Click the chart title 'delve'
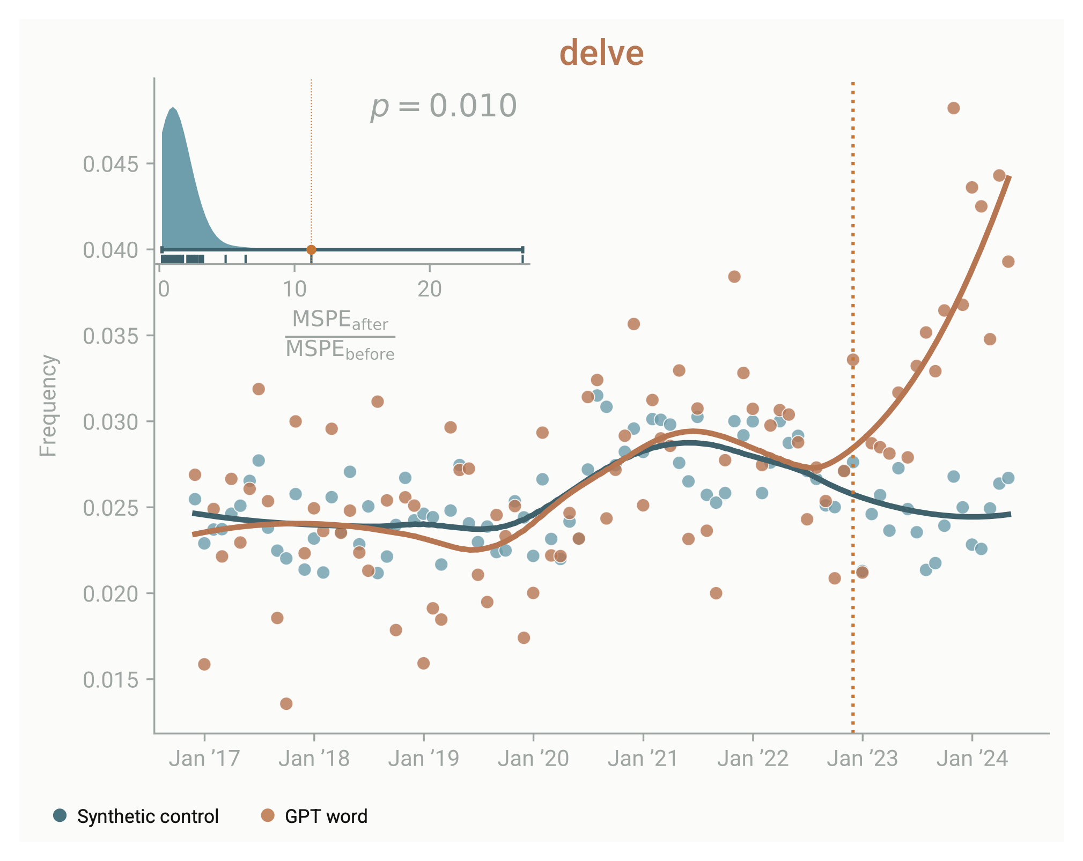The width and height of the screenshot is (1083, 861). click(x=601, y=53)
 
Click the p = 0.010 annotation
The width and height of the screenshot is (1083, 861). click(x=444, y=106)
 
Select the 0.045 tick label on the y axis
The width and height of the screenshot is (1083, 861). click(x=110, y=164)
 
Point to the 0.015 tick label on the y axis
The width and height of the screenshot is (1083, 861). click(x=110, y=680)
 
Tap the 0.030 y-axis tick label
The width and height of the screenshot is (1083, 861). click(x=110, y=422)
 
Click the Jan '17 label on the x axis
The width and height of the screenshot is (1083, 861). click(x=204, y=759)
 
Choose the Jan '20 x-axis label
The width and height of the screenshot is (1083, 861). click(x=533, y=759)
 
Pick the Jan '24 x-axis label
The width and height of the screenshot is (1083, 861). click(x=972, y=759)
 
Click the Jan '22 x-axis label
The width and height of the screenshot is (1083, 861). click(x=753, y=759)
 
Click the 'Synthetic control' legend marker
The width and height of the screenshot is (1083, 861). click(x=60, y=816)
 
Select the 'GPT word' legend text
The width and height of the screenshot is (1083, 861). click(x=326, y=817)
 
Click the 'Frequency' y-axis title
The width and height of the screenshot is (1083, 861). click(x=48, y=405)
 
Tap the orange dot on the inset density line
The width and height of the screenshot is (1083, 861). click(x=311, y=250)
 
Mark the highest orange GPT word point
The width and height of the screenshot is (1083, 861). click(x=953, y=108)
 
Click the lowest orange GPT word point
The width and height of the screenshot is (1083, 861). click(x=286, y=703)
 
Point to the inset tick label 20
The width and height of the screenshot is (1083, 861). click(x=429, y=290)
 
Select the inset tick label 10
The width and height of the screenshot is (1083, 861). click(x=294, y=290)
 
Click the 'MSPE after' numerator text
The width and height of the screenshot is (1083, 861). click(x=340, y=320)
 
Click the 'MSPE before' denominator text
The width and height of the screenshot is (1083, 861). click(x=340, y=350)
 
